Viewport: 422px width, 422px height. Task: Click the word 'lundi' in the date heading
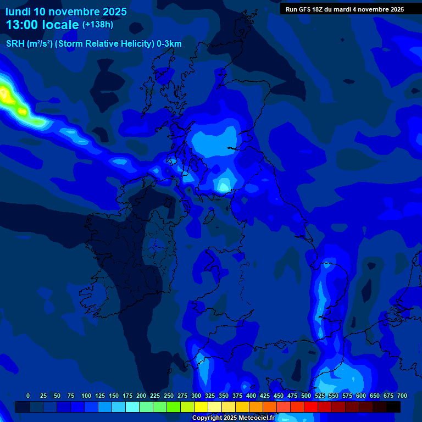coord(18,12)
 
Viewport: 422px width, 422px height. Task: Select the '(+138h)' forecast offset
coord(98,25)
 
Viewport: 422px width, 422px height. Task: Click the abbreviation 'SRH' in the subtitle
coord(15,44)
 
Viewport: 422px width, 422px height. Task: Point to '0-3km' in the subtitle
coord(169,44)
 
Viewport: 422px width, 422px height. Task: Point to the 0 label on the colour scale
coord(28,396)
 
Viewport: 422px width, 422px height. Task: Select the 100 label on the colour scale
coord(86,396)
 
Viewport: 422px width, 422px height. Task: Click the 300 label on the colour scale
coord(196,396)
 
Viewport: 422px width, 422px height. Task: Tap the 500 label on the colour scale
coord(306,396)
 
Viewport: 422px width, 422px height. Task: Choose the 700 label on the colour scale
coord(402,396)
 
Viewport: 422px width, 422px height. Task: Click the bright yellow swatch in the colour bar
coord(201,407)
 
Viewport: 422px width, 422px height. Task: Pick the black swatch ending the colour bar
coord(393,407)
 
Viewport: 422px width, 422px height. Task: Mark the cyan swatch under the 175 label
coord(132,407)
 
